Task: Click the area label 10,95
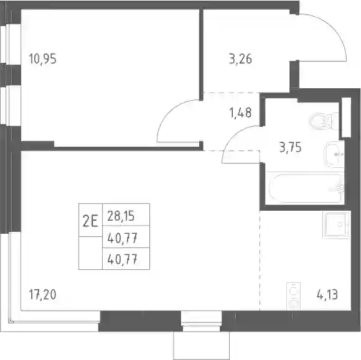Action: (42, 58)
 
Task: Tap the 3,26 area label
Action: (240, 58)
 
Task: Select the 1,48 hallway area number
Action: (240, 113)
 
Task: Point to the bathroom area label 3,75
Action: (290, 147)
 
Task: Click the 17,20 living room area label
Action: (42, 295)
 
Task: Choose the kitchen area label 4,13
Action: (327, 295)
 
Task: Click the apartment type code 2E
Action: (90, 220)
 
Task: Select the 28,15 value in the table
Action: (121, 216)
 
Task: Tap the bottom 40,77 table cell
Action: (122, 259)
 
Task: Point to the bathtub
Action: (305, 188)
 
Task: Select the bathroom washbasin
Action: (334, 154)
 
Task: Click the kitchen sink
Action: (336, 225)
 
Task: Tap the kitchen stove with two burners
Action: (294, 297)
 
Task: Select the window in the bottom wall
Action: (202, 321)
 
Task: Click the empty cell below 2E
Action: (90, 253)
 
